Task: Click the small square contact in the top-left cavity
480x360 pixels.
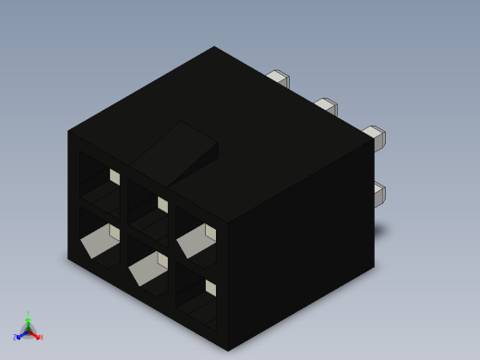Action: tap(114, 175)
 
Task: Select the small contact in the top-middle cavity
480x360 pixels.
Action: tap(162, 204)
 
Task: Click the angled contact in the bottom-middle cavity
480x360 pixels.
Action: tap(148, 269)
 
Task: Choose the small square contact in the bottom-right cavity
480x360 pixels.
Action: tap(210, 288)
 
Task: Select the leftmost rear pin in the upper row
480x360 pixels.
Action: tap(278, 78)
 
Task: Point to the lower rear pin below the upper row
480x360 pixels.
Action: tap(378, 194)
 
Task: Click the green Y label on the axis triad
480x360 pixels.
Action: tap(28, 315)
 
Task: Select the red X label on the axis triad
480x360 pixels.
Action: tap(41, 337)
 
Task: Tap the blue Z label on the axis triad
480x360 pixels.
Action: tap(15, 338)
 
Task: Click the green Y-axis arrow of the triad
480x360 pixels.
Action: tap(28, 323)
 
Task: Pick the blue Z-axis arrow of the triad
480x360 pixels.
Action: tap(20, 334)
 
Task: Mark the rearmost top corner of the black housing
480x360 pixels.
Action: tap(214, 46)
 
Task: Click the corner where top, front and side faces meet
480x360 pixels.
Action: tap(228, 222)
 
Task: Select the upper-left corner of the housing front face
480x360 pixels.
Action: tap(68, 130)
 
